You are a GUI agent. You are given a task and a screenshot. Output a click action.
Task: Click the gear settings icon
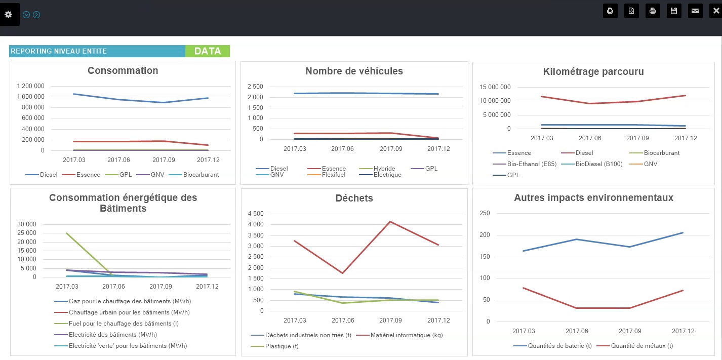coord(9,14)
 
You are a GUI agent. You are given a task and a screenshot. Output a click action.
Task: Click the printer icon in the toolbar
coord(653,11)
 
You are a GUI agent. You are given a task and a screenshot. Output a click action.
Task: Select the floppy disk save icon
coord(674,11)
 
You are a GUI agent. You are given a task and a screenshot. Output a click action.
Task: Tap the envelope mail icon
coord(695,11)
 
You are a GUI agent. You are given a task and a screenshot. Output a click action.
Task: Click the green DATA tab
coord(208,51)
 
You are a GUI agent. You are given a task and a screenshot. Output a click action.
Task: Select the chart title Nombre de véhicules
coord(354,71)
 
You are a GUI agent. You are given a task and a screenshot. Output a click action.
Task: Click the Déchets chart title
coord(354,198)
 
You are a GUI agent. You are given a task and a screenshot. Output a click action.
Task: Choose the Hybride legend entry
coord(384,169)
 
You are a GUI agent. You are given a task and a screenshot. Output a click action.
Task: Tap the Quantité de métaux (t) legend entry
coord(641,346)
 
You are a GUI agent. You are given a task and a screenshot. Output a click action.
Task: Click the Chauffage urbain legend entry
coord(129,312)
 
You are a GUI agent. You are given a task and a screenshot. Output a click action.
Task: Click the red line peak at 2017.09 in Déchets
coord(390,221)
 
